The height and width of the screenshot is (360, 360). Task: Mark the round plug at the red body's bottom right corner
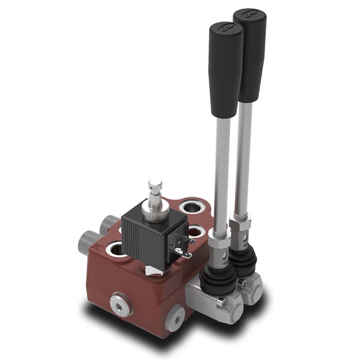click(176, 318)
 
